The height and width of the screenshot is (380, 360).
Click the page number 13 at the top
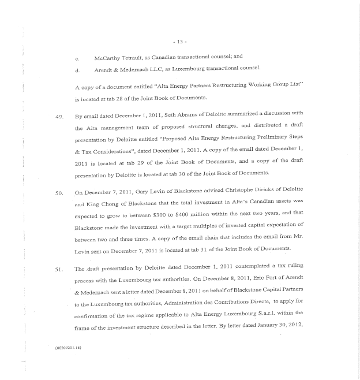pos(179,41)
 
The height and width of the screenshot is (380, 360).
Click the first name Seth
pos(174,116)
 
